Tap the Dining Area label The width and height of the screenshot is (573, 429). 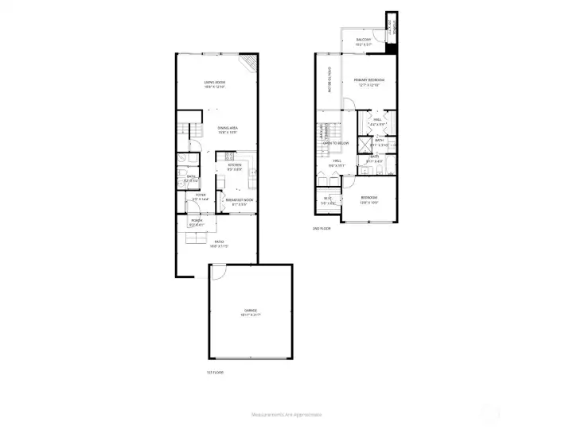pos(228,130)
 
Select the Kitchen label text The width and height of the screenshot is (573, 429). pos(234,167)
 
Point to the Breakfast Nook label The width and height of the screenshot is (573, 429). pos(239,202)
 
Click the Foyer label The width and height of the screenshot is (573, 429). pos(200,196)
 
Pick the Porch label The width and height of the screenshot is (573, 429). pos(197,222)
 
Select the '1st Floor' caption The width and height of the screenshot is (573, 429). pos(213,371)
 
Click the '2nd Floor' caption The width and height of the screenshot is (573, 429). pos(322,229)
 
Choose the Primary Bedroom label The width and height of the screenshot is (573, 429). pos(369,81)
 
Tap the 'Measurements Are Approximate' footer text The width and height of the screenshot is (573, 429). pos(286,415)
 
